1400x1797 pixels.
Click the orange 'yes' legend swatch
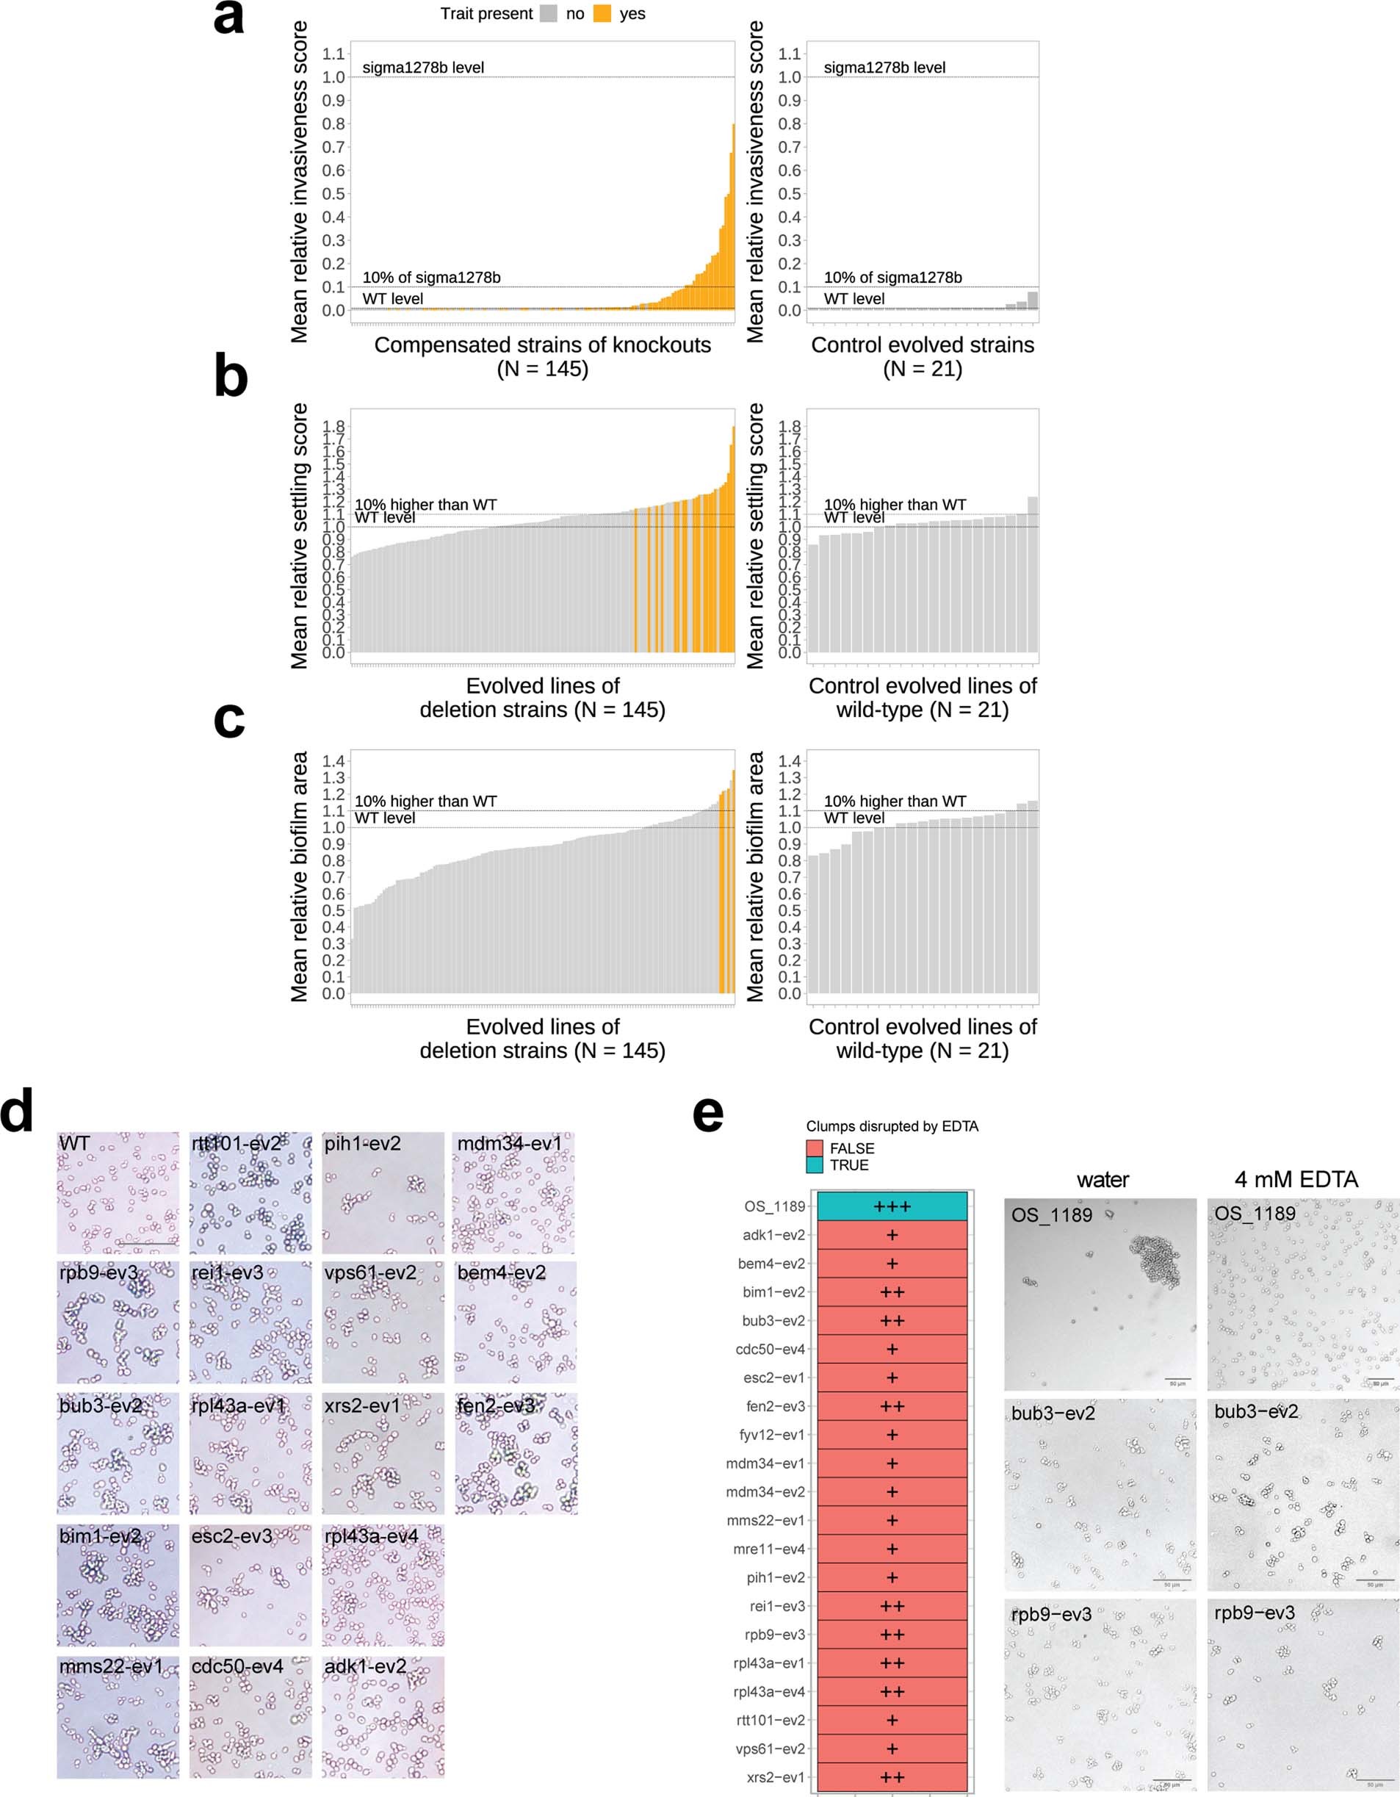click(602, 14)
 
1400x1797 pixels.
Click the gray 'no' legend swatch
click(549, 14)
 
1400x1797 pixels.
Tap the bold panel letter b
click(231, 377)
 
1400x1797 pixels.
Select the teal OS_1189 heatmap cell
click(892, 1206)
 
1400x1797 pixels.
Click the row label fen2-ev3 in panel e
click(776, 1406)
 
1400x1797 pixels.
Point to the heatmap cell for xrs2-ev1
click(892, 1777)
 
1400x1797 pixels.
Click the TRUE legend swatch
click(815, 1165)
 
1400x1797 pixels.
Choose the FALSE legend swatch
click(815, 1148)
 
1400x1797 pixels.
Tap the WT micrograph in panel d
click(118, 1193)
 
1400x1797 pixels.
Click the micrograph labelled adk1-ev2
click(383, 1717)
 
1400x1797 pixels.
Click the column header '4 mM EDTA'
click(1296, 1179)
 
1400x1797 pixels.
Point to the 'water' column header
click(1103, 1180)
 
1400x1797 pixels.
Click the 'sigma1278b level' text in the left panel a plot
click(423, 68)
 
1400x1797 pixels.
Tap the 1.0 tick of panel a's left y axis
click(333, 77)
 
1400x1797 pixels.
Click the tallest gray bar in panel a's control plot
click(1032, 300)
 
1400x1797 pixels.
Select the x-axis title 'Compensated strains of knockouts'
click(542, 345)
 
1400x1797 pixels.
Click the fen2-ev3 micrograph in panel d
click(516, 1454)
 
